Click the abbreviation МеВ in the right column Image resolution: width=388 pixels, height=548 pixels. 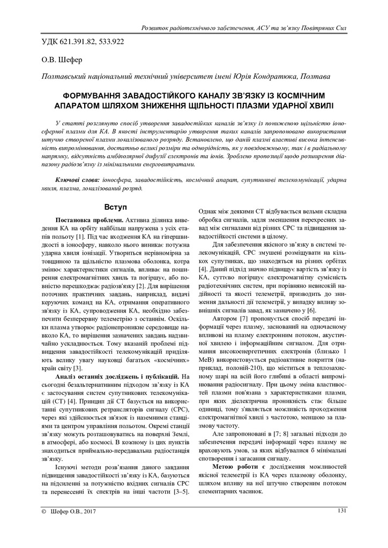pos(205,357)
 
